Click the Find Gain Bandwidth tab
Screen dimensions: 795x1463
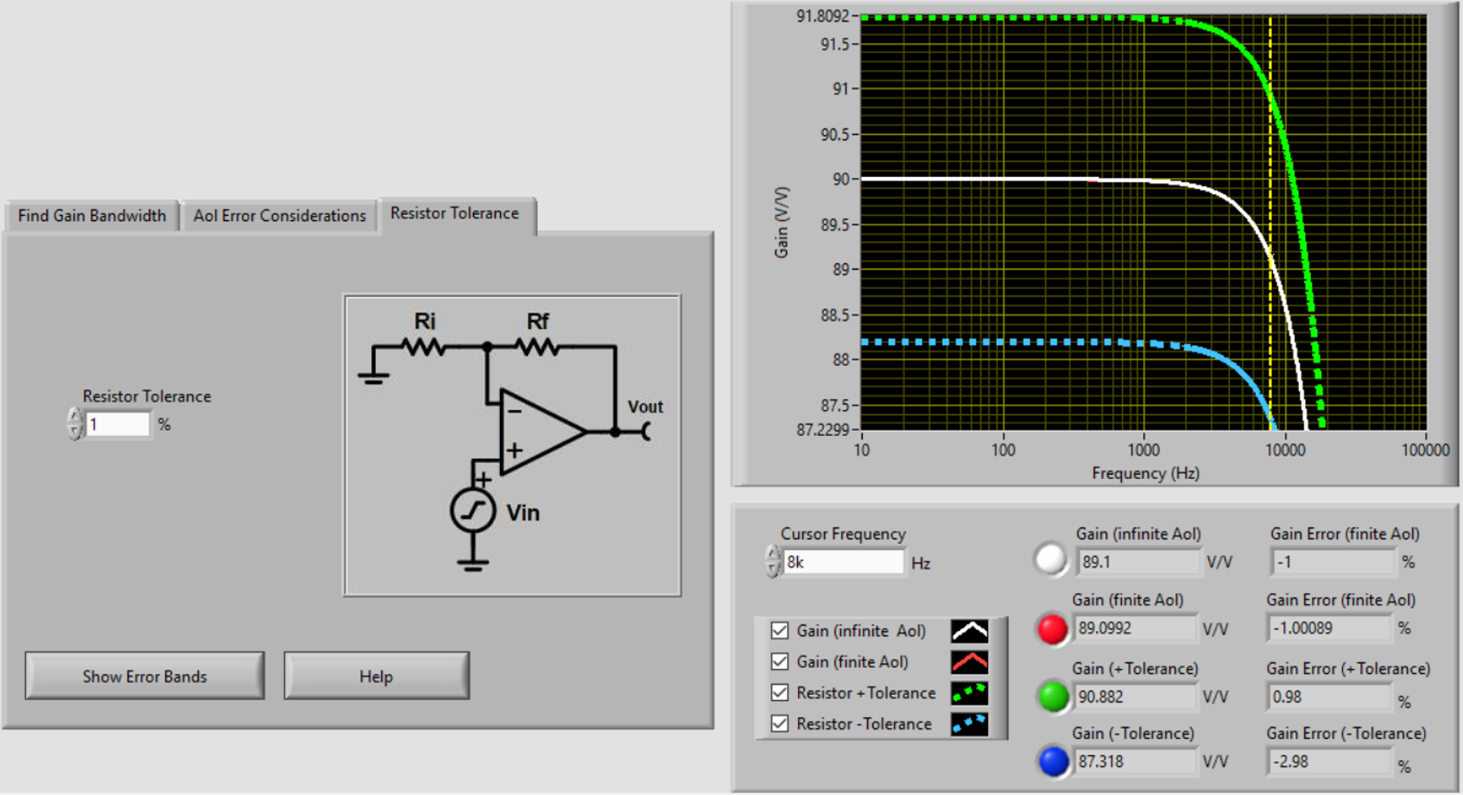point(92,216)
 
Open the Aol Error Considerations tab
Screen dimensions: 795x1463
point(279,216)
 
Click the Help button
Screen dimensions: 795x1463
point(376,676)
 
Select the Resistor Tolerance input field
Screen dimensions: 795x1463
point(117,425)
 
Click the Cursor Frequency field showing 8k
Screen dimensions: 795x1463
point(842,563)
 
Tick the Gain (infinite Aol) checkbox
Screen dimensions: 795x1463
point(780,631)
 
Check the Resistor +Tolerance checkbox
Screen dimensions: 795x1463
point(780,692)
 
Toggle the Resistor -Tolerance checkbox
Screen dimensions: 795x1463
point(780,723)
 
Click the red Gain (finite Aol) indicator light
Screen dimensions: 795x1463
point(1052,628)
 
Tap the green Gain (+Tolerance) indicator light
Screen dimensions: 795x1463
point(1053,697)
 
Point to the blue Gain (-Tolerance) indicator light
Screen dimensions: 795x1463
point(1053,761)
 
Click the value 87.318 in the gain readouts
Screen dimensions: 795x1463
point(1101,761)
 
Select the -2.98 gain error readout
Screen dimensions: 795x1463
point(1290,761)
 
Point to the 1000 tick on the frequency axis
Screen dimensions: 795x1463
point(1143,450)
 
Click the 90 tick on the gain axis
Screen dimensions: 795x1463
point(840,180)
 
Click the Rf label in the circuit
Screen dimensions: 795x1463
point(537,322)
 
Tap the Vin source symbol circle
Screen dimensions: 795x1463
point(472,511)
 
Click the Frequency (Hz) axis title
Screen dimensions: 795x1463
point(1145,473)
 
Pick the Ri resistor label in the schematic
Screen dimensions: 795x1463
point(424,322)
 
